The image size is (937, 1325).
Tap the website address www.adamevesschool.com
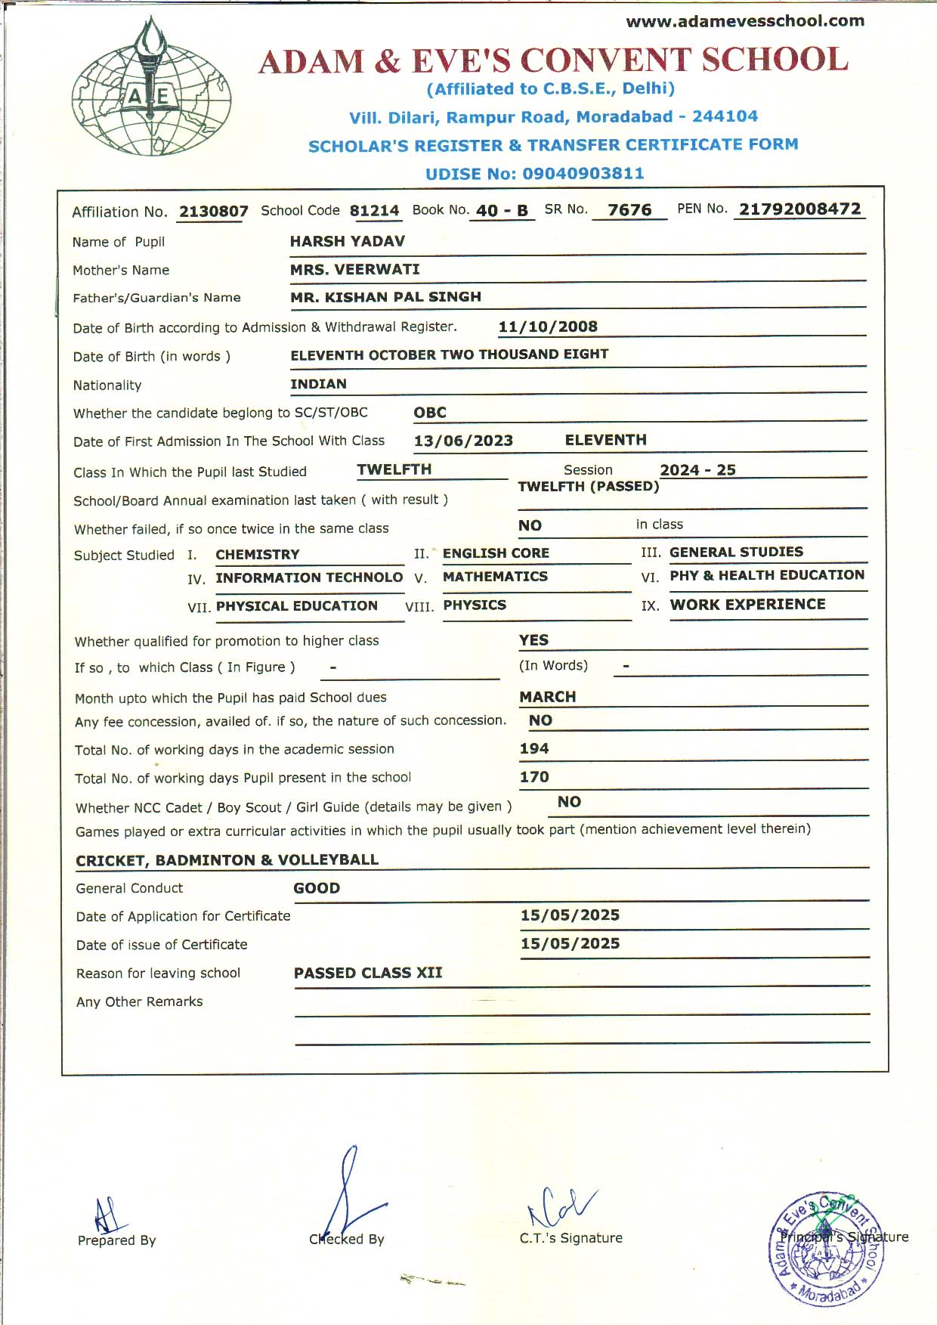tap(745, 21)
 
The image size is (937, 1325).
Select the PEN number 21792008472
tap(799, 209)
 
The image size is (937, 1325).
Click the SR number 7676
tap(629, 210)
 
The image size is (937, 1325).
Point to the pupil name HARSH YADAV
tap(347, 241)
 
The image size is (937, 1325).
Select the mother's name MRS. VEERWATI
tap(354, 269)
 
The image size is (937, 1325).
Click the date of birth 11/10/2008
tap(548, 327)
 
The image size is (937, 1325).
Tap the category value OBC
tap(430, 413)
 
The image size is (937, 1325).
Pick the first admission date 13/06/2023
tap(463, 441)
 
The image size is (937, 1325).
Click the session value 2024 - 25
tap(697, 469)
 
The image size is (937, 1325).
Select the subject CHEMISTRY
tap(257, 554)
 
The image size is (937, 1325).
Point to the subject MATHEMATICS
tap(495, 577)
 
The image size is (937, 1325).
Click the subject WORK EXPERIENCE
tap(747, 605)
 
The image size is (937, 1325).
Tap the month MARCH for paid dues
tap(547, 697)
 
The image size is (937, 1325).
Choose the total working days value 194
tap(533, 748)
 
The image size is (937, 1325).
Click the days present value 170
tap(533, 777)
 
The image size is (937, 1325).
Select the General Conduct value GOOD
tap(317, 888)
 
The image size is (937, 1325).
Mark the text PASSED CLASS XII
tap(368, 973)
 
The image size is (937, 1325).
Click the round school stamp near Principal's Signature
tap(826, 1249)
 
